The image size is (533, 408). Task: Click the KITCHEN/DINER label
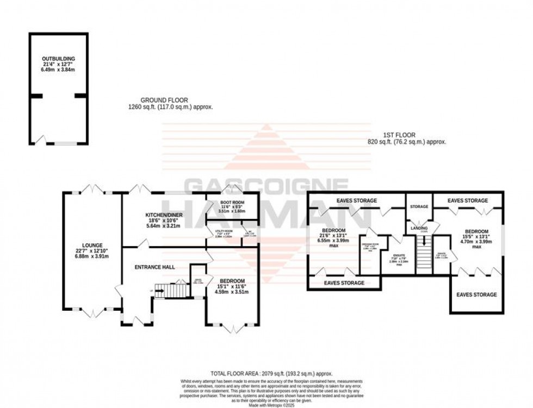tap(163, 216)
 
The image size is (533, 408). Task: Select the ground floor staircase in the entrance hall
tap(171, 291)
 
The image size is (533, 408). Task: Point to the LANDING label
tap(418, 228)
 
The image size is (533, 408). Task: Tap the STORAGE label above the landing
tap(419, 207)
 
